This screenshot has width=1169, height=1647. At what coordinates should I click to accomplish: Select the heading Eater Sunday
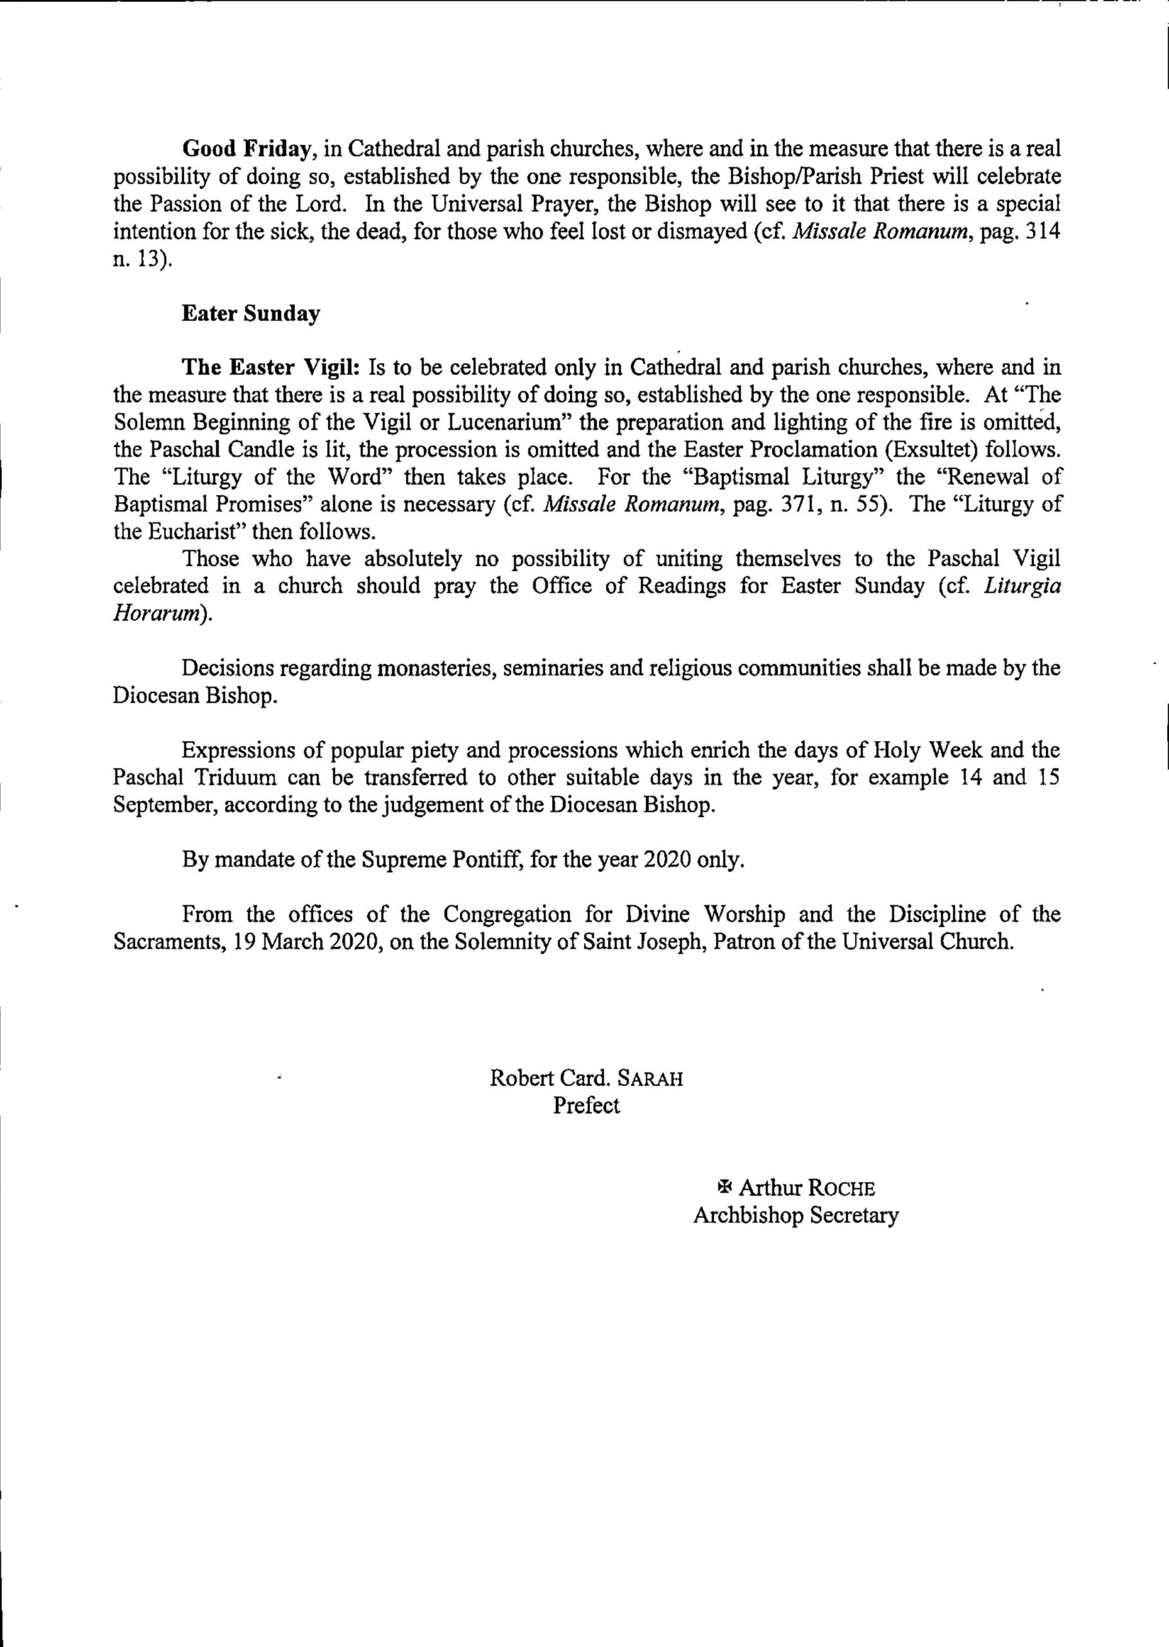(x=250, y=314)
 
